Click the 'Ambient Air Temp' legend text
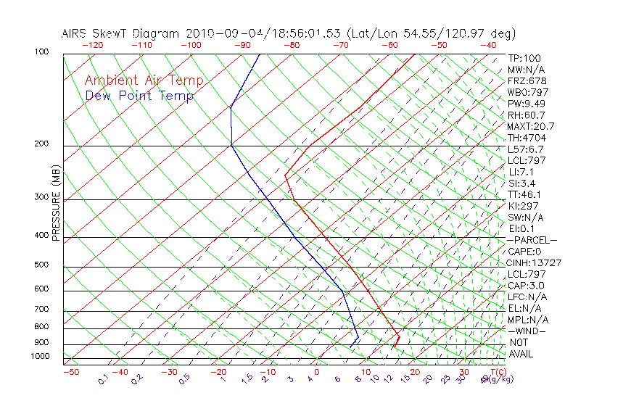pos(144,80)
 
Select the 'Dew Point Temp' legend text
pos(139,96)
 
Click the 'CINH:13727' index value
pos(535,262)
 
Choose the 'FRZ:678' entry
pos(527,80)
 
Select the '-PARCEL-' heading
pos(532,240)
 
